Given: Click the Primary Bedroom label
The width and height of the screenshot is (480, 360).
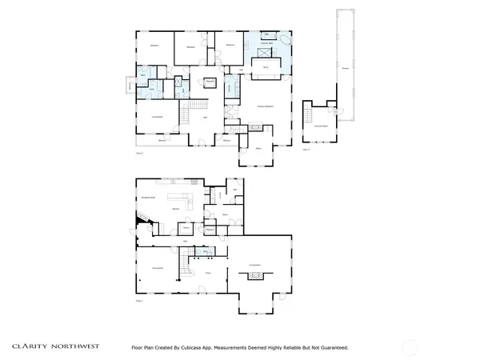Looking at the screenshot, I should pyautogui.click(x=266, y=106).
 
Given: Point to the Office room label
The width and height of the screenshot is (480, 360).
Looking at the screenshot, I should pyautogui.click(x=259, y=149).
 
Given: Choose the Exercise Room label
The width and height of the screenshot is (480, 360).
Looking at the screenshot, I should pyautogui.click(x=321, y=126).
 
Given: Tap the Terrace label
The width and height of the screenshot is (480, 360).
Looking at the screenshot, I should pyautogui.click(x=346, y=69).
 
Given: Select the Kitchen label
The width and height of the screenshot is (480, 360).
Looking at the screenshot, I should pyautogui.click(x=175, y=209).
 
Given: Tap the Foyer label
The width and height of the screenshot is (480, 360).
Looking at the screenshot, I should pyautogui.click(x=207, y=273).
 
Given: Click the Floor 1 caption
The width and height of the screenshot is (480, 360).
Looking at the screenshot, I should pyautogui.click(x=139, y=302).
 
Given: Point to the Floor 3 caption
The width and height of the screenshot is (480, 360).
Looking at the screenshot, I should pyautogui.click(x=305, y=149).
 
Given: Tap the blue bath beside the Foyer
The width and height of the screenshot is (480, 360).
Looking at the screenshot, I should pyautogui.click(x=206, y=252).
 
